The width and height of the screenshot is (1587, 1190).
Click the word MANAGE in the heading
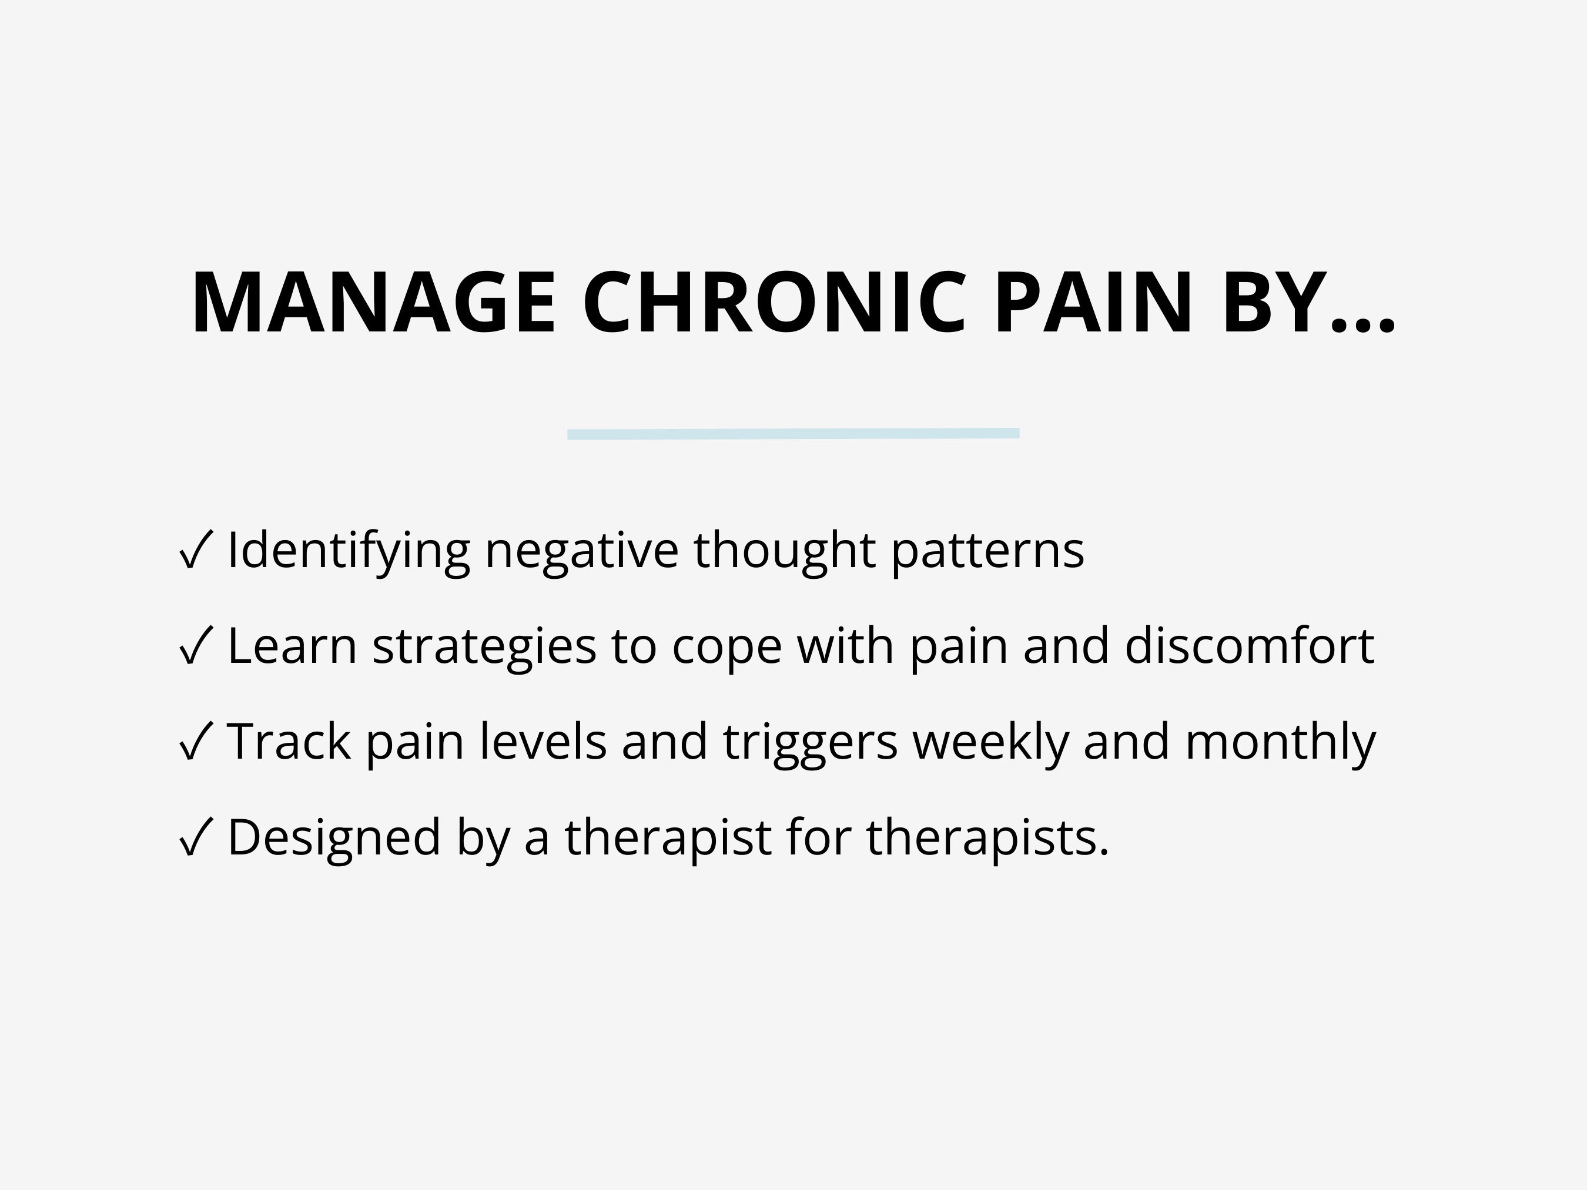pyautogui.click(x=373, y=303)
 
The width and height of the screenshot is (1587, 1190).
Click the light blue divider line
pyautogui.click(x=793, y=433)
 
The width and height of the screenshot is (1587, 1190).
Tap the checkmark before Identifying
pyautogui.click(x=195, y=550)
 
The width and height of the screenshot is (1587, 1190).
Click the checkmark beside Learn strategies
pyautogui.click(x=195, y=646)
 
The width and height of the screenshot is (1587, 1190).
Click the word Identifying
pyautogui.click(x=348, y=551)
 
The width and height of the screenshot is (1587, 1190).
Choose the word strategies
pyautogui.click(x=484, y=646)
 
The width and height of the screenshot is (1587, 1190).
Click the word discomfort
pyautogui.click(x=1249, y=646)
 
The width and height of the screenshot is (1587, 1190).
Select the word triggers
pyautogui.click(x=810, y=742)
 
